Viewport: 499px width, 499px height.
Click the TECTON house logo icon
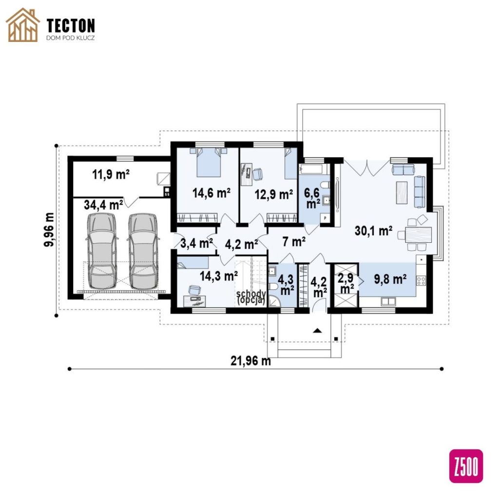(23, 25)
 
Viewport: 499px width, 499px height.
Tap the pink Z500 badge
(466, 466)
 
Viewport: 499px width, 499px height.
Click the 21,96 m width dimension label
(251, 361)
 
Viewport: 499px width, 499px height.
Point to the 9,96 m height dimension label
(49, 230)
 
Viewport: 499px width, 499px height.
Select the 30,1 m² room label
(373, 230)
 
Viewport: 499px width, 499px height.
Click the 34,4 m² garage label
(103, 205)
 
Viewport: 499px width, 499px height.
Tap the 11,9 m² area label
(111, 174)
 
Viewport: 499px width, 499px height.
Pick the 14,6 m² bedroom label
(211, 193)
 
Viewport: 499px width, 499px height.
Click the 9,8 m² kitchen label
(390, 279)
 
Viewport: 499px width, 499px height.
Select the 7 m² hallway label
(294, 242)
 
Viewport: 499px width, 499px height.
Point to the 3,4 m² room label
(196, 244)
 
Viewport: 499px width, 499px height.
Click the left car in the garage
(102, 251)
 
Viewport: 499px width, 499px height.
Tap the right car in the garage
(143, 251)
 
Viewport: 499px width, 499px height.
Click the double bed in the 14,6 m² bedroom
(209, 162)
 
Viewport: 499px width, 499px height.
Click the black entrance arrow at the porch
(317, 330)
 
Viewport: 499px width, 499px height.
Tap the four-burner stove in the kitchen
(421, 281)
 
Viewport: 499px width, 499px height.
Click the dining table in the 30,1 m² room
(419, 234)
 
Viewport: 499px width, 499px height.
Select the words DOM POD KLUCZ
(70, 38)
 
